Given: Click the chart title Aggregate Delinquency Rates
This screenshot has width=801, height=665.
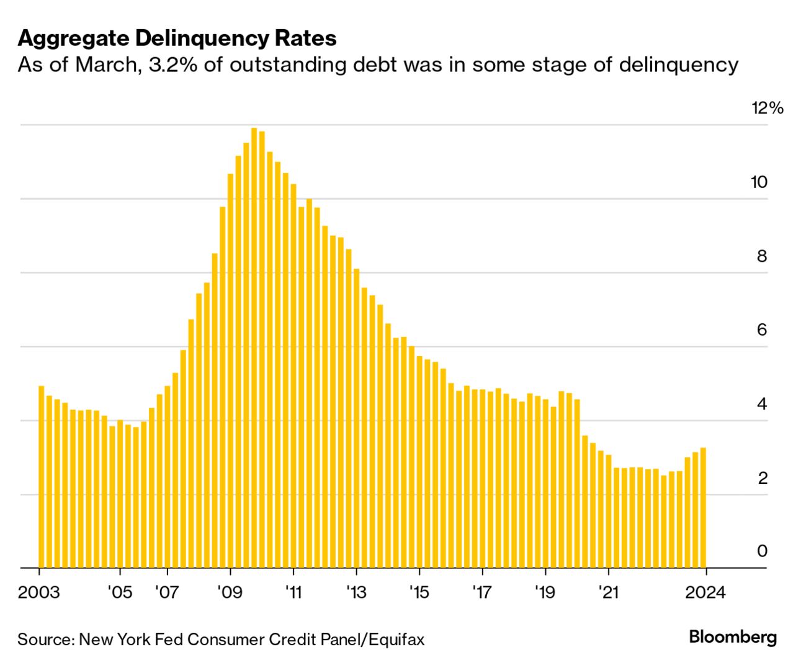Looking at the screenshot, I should (177, 38).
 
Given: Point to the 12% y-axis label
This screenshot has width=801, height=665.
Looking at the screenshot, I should (767, 109).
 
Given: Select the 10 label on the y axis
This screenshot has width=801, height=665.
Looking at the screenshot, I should (759, 182).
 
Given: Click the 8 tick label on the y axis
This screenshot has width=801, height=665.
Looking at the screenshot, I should (762, 256).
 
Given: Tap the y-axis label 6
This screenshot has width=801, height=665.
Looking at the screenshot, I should (762, 330).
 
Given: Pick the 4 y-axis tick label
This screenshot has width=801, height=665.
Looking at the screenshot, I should (762, 404).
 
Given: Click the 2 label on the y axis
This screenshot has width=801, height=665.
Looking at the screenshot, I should (763, 478).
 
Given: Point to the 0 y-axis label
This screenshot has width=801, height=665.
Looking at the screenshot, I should (762, 551).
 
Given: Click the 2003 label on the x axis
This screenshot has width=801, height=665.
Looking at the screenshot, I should (39, 592).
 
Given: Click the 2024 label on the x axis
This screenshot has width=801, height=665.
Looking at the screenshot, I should (705, 592).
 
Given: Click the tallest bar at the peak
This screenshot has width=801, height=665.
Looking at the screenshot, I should (254, 347).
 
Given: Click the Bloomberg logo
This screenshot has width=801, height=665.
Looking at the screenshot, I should (733, 637).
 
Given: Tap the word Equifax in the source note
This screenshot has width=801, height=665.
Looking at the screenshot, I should (396, 640).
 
